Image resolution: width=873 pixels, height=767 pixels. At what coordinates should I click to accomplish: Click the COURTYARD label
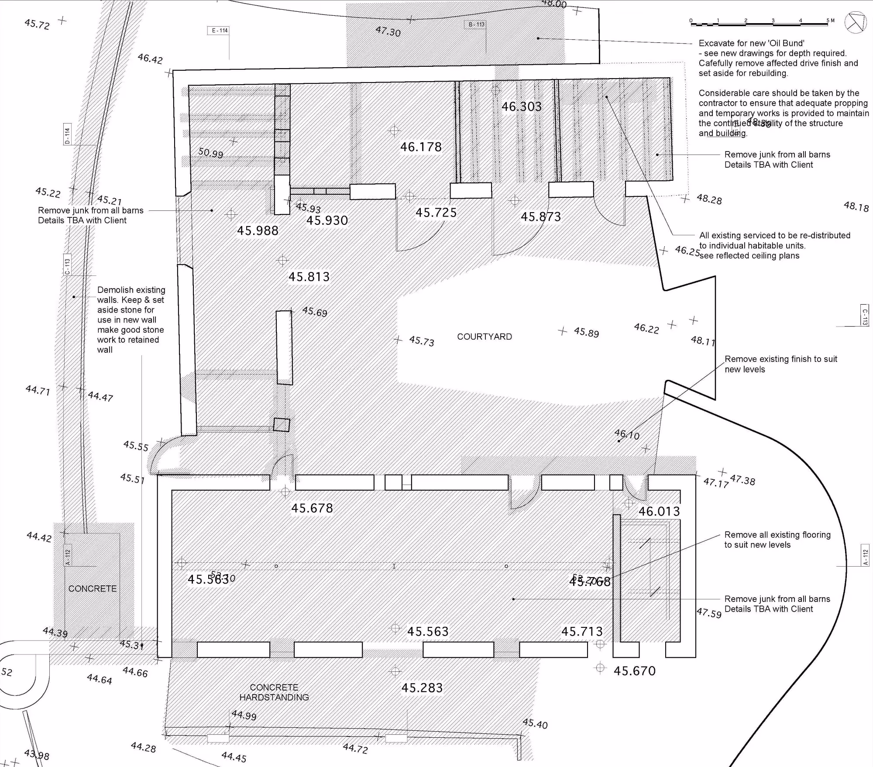[x=484, y=337]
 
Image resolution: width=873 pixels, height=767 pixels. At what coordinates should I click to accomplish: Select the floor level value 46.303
[x=521, y=107]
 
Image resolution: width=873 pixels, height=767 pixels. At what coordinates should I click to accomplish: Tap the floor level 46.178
[x=421, y=147]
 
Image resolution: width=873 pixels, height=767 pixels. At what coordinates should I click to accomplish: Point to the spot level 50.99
[x=210, y=153]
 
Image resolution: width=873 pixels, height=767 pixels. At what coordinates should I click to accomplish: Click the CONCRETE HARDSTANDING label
[x=274, y=692]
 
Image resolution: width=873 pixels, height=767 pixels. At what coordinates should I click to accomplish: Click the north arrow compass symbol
[x=855, y=22]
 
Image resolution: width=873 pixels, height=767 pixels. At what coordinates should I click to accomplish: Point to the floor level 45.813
[x=309, y=277]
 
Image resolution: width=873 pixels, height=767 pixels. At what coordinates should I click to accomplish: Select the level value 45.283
[x=422, y=688]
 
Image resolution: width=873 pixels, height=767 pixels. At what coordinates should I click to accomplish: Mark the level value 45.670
[x=634, y=671]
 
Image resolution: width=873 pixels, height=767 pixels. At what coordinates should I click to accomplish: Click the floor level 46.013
[x=659, y=511]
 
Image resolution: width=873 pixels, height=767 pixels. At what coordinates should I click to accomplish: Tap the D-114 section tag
[x=67, y=134]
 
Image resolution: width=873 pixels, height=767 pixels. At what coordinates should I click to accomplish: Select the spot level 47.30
[x=388, y=31]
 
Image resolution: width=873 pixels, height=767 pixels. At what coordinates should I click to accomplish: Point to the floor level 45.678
[x=312, y=508]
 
